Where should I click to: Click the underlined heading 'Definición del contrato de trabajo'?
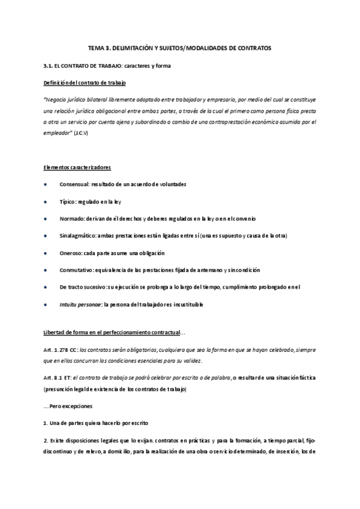pyautogui.click(x=85, y=82)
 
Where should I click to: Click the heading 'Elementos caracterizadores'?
pyautogui.click(x=77, y=166)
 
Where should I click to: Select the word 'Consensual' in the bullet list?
pyautogui.click(x=74, y=184)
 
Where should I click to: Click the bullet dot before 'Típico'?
pyautogui.click(x=46, y=201)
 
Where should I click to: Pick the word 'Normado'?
pyautogui.click(x=72, y=218)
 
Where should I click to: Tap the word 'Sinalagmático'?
pyautogui.click(x=77, y=236)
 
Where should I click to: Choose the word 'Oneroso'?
pyautogui.click(x=71, y=253)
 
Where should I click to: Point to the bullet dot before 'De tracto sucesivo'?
pyautogui.click(x=46, y=288)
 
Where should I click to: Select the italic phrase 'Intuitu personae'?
pyautogui.click(x=80, y=305)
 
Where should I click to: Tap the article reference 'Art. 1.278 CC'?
pyautogui.click(x=62, y=349)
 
